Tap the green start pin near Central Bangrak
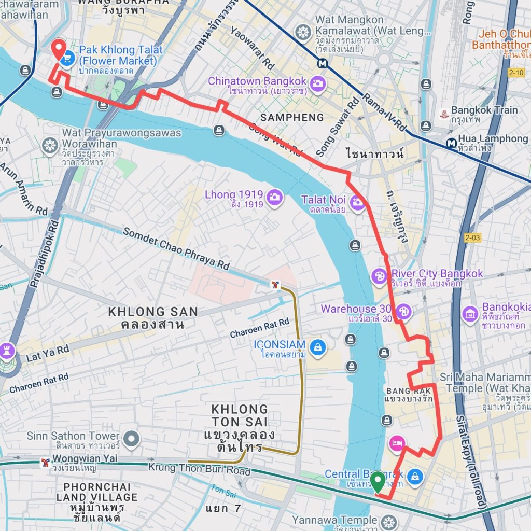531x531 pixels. (378, 481)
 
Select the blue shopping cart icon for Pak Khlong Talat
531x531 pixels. (66, 60)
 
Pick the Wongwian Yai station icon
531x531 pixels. (46, 461)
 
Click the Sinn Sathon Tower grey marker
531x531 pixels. (132, 439)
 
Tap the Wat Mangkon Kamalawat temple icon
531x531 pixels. (303, 32)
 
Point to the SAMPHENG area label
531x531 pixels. (292, 118)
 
